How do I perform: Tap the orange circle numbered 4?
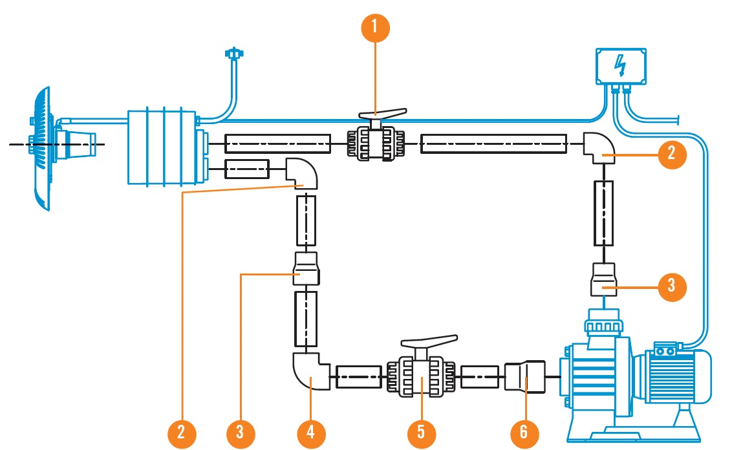coord(311,431)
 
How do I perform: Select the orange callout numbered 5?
coord(421,431)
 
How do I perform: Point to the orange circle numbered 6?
coord(524,431)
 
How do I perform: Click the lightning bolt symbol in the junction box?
coord(619,65)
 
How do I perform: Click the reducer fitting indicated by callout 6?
coord(524,376)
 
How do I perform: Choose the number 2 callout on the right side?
coord(673,153)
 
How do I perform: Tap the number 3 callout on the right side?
coord(673,284)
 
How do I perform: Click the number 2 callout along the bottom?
coord(182,431)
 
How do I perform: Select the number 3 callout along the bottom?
coord(241,431)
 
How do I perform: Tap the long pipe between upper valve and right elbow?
coord(494,143)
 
